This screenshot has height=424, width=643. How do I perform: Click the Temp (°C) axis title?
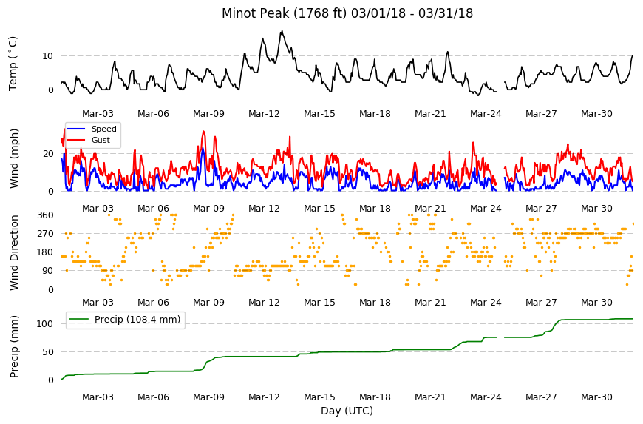pyautogui.click(x=13, y=64)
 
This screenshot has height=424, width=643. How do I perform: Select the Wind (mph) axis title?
pyautogui.click(x=14, y=158)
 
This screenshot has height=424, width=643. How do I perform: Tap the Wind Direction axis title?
pyautogui.click(x=14, y=253)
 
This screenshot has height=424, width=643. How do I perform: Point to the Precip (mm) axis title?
pyautogui.click(x=14, y=346)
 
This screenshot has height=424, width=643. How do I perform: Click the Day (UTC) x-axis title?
pyautogui.click(x=347, y=411)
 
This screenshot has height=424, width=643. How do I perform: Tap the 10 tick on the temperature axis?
pyautogui.click(x=47, y=55)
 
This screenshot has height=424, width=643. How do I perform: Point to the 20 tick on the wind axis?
pyautogui.click(x=48, y=153)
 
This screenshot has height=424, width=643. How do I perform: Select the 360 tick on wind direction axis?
pyautogui.click(x=46, y=215)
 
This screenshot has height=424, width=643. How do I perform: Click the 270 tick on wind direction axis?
pyautogui.click(x=46, y=234)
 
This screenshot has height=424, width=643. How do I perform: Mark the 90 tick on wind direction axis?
pyautogui.click(x=48, y=271)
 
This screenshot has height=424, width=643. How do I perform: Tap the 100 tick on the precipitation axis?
pyautogui.click(x=45, y=324)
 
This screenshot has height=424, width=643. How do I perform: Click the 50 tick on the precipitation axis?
pyautogui.click(x=48, y=351)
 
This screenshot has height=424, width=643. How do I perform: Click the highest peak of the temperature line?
pyautogui.click(x=282, y=31)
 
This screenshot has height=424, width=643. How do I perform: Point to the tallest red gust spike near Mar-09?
pyautogui.click(x=203, y=132)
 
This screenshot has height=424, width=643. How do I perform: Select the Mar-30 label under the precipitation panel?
pyautogui.click(x=596, y=397)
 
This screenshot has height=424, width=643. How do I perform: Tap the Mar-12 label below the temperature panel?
pyautogui.click(x=264, y=114)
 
